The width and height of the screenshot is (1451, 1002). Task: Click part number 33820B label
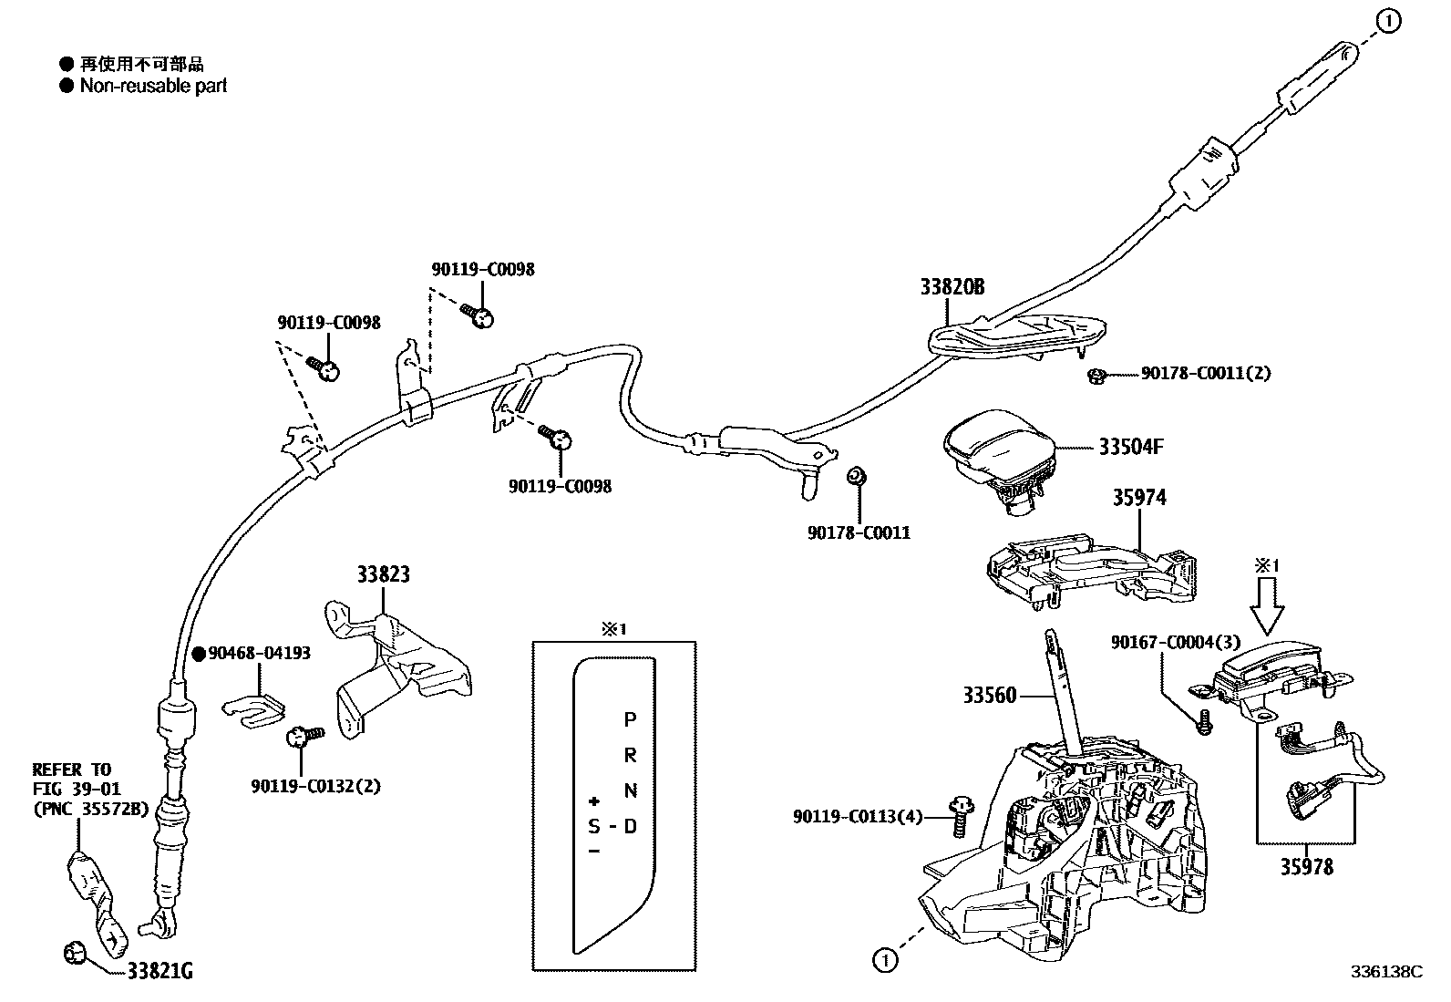(952, 287)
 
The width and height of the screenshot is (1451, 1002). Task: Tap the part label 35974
(1138, 498)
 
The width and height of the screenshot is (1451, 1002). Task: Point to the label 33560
(989, 696)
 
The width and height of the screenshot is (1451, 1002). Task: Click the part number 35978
(1306, 866)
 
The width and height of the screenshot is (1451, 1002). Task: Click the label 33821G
(160, 972)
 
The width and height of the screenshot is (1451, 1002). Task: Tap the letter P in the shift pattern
(630, 719)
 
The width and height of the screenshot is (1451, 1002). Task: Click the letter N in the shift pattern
(630, 790)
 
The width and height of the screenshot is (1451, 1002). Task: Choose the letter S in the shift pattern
(594, 827)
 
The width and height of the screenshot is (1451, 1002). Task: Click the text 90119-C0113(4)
(858, 817)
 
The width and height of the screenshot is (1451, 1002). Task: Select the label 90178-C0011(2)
(1205, 374)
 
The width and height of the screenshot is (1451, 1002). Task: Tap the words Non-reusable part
(153, 86)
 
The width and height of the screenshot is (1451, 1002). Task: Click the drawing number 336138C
(1386, 972)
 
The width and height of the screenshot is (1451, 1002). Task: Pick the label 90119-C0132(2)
(315, 786)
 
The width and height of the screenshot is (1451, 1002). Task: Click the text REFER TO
(71, 770)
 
